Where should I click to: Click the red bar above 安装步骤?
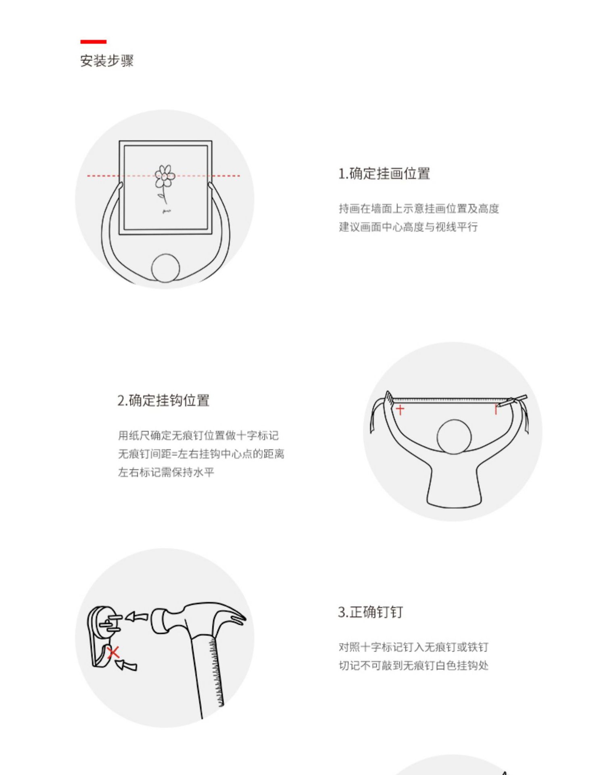pos(93,42)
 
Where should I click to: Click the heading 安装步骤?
pos(106,61)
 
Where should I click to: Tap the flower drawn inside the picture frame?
pos(165,177)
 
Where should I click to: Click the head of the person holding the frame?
pos(165,268)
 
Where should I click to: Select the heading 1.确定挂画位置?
pos(384,174)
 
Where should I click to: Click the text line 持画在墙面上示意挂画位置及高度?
pos(419,209)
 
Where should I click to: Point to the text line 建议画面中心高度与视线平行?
pos(408,227)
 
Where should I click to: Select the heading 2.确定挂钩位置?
pos(163,400)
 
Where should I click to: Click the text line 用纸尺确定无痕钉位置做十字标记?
pos(198,436)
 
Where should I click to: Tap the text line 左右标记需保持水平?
pos(166,472)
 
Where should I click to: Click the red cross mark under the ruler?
pos(400,410)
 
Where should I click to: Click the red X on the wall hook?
pos(113,653)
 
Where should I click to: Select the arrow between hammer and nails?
pos(137,617)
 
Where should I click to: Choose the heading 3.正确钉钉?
pos(370,612)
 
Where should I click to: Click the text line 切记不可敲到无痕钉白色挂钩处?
pos(413,665)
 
